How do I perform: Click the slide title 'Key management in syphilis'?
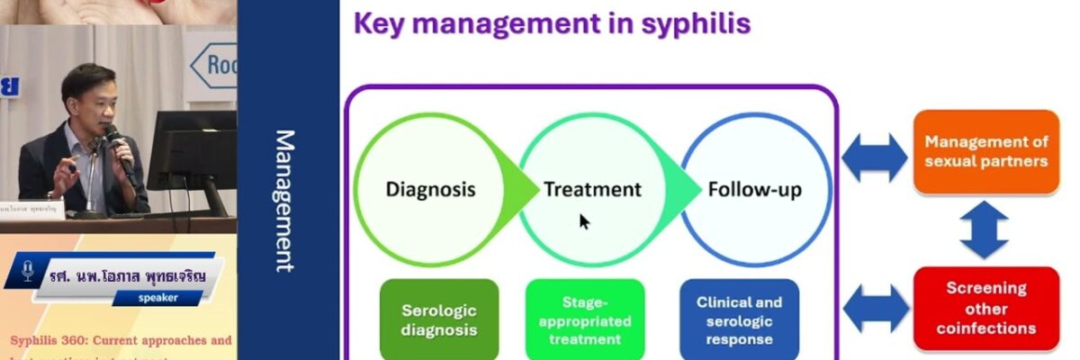coord(552,22)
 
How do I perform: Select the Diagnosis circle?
coord(430,189)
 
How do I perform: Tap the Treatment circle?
coord(592,189)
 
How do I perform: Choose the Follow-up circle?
coord(754,189)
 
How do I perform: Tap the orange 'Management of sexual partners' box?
coord(986,151)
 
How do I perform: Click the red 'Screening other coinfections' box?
coord(986,309)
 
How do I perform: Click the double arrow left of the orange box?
coord(875,157)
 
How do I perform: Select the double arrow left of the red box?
coord(875,308)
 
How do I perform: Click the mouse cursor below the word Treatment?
coord(584,221)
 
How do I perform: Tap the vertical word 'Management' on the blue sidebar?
coord(284,201)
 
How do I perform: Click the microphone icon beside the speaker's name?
coord(27,270)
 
